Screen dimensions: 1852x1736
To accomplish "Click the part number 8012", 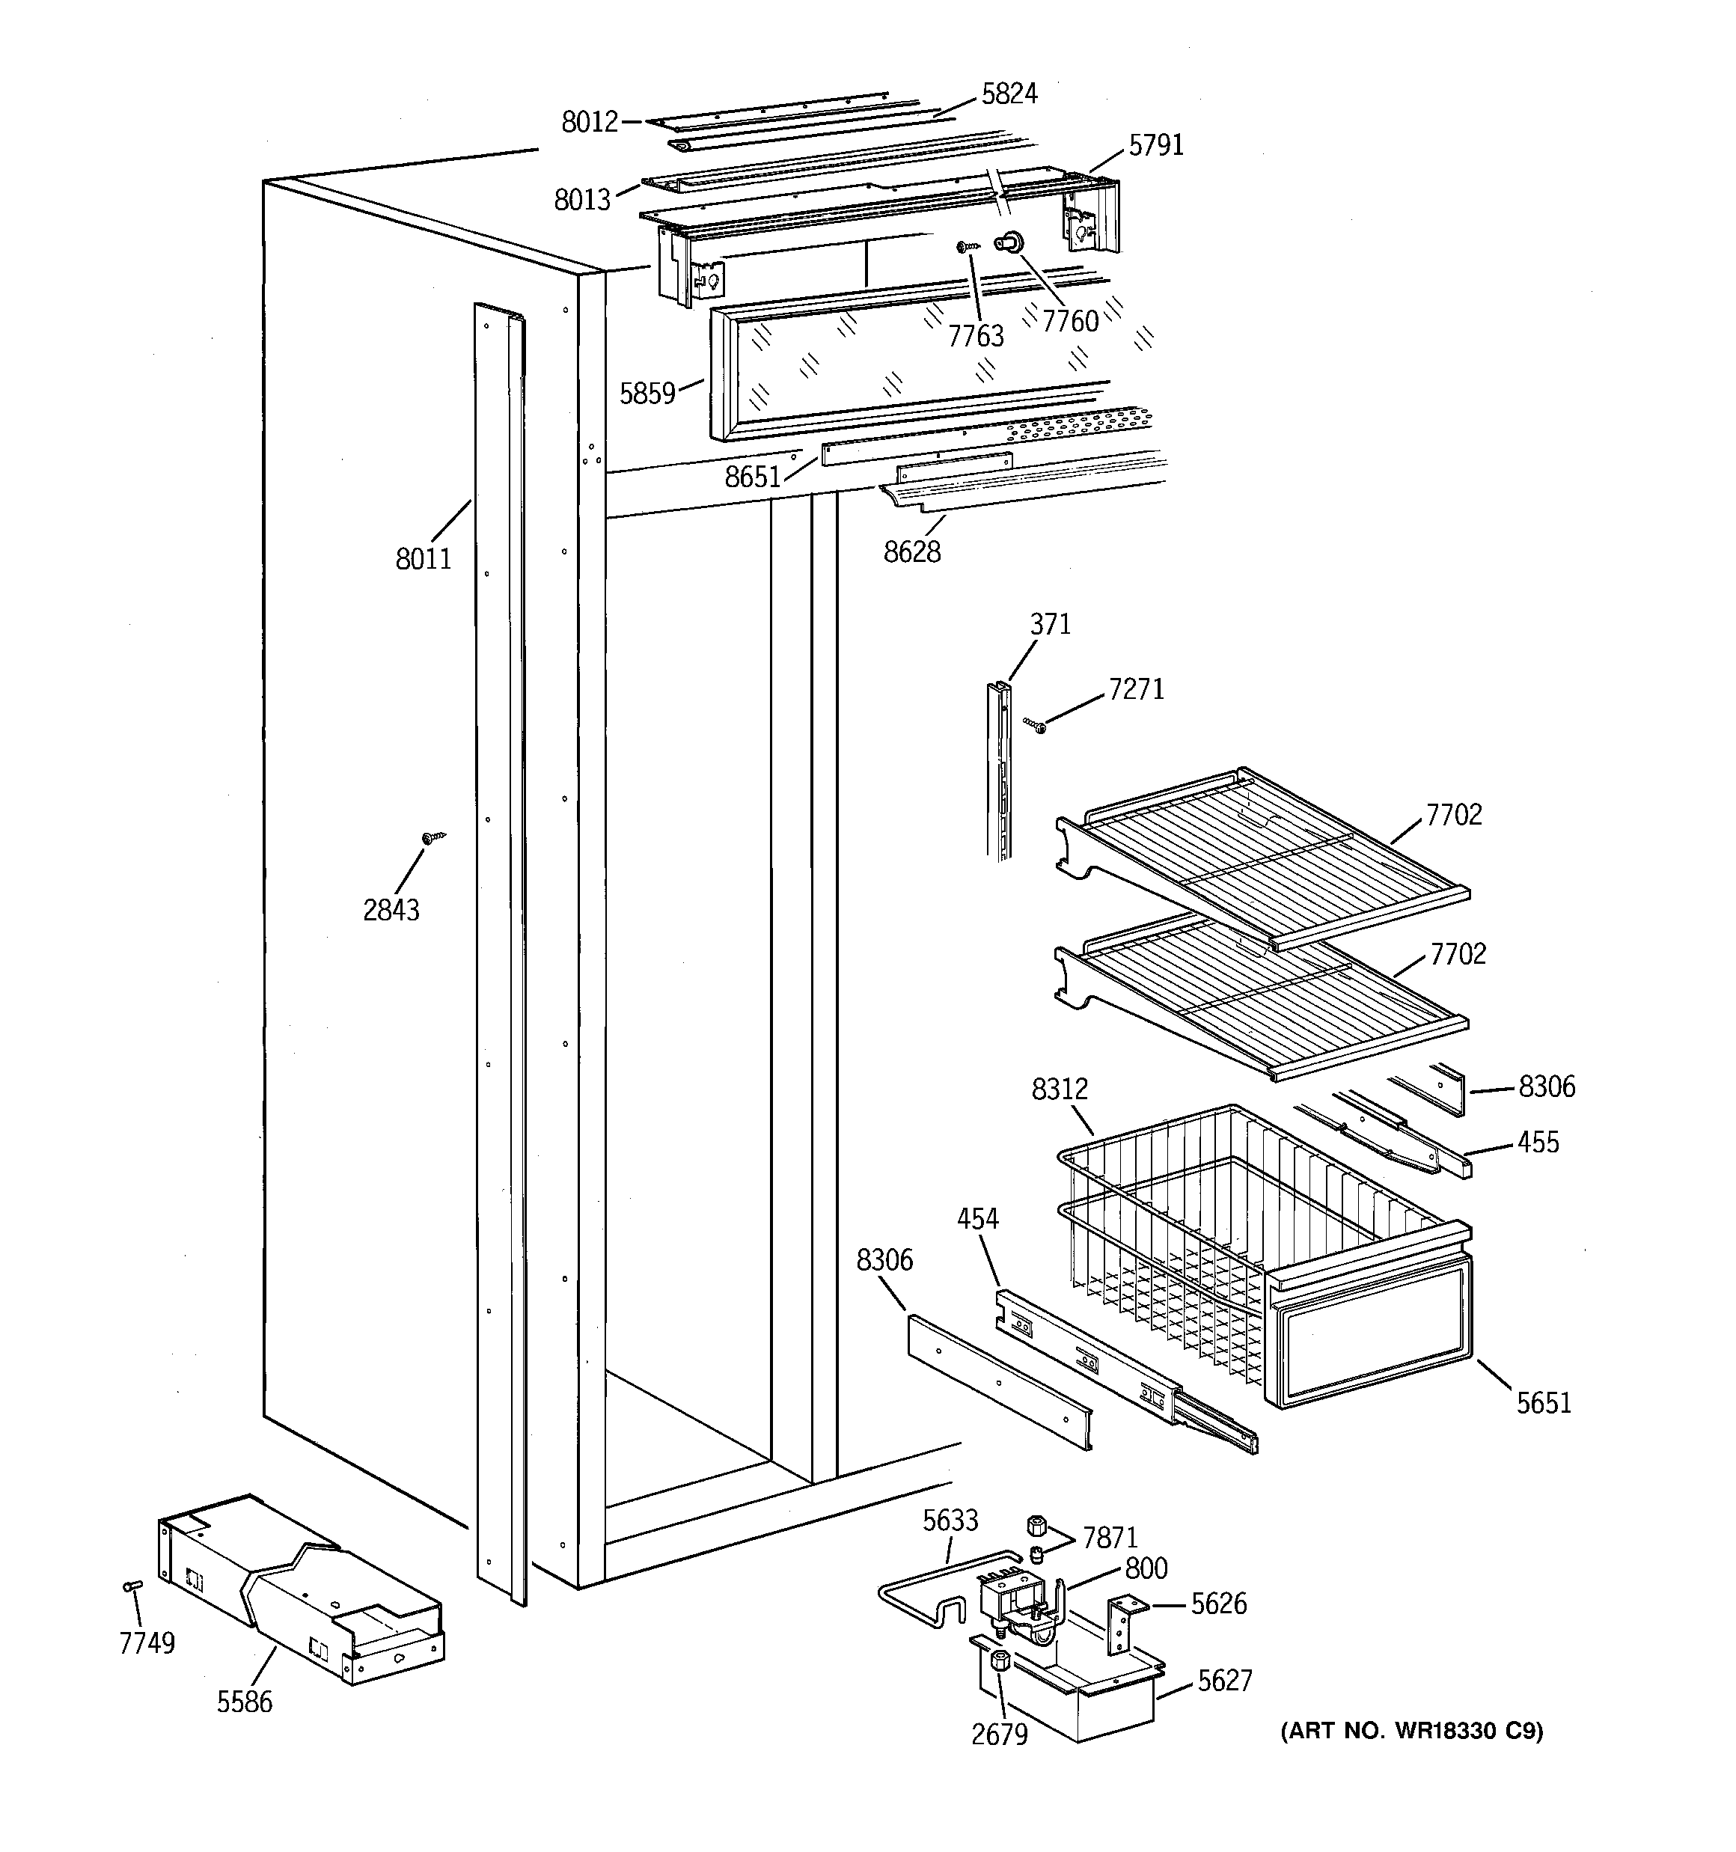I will coord(589,122).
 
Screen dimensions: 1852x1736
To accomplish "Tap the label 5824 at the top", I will coord(1009,94).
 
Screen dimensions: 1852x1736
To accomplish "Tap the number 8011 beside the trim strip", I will coord(423,559).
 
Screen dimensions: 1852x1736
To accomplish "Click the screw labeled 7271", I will coord(1034,725).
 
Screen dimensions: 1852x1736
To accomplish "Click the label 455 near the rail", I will coord(1538,1142).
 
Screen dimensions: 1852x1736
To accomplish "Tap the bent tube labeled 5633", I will coord(923,1604).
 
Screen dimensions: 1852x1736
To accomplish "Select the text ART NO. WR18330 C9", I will coord(1410,1731).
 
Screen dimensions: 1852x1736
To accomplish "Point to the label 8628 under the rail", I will coord(911,552).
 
